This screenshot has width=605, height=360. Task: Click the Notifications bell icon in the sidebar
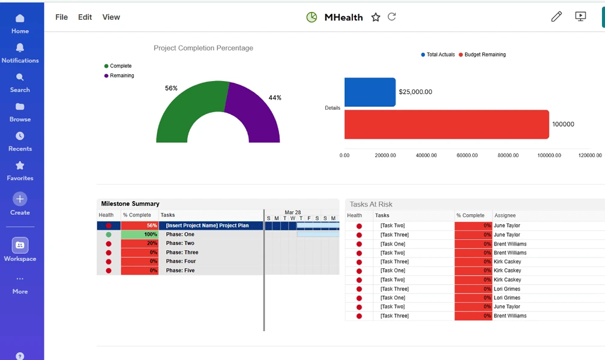click(20, 47)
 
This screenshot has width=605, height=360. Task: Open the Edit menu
click(85, 17)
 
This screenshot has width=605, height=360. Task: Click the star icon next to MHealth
click(376, 17)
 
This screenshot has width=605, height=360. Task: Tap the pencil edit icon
click(556, 17)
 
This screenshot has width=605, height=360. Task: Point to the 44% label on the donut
click(275, 98)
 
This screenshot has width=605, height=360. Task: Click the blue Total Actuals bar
click(370, 92)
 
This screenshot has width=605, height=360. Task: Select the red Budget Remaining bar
click(447, 124)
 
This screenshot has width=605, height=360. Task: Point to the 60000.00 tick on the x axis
click(467, 155)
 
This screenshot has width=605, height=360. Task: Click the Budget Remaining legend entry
click(483, 55)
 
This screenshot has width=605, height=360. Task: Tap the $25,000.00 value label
click(415, 92)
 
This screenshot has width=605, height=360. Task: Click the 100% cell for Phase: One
click(140, 234)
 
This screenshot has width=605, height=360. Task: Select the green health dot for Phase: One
click(109, 235)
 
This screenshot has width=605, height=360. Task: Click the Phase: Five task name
click(180, 271)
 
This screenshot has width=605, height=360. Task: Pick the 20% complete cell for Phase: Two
click(140, 243)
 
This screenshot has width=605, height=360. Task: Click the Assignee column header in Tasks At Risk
click(505, 215)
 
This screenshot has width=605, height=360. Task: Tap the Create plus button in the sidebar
click(20, 199)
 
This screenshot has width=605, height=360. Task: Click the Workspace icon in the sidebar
click(20, 245)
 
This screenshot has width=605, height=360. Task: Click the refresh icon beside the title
click(391, 17)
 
